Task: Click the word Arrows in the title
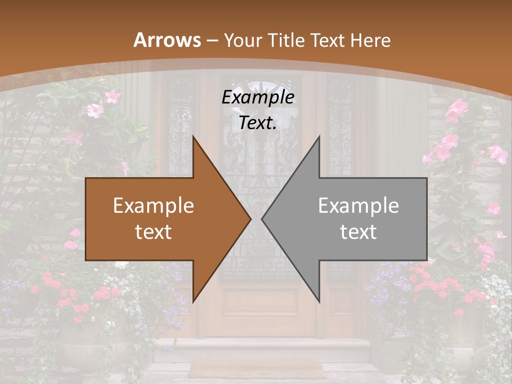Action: tap(167, 40)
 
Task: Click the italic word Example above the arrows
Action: tap(258, 98)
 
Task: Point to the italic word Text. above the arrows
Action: tap(258, 123)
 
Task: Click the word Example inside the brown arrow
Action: tap(154, 206)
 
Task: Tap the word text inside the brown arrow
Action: tap(154, 232)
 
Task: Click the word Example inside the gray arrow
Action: tap(358, 206)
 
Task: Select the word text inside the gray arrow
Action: tap(358, 232)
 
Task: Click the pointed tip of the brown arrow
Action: tap(250, 219)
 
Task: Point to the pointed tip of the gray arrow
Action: tap(262, 219)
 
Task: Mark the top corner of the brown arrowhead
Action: tap(193, 137)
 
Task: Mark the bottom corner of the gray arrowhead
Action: tap(319, 302)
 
